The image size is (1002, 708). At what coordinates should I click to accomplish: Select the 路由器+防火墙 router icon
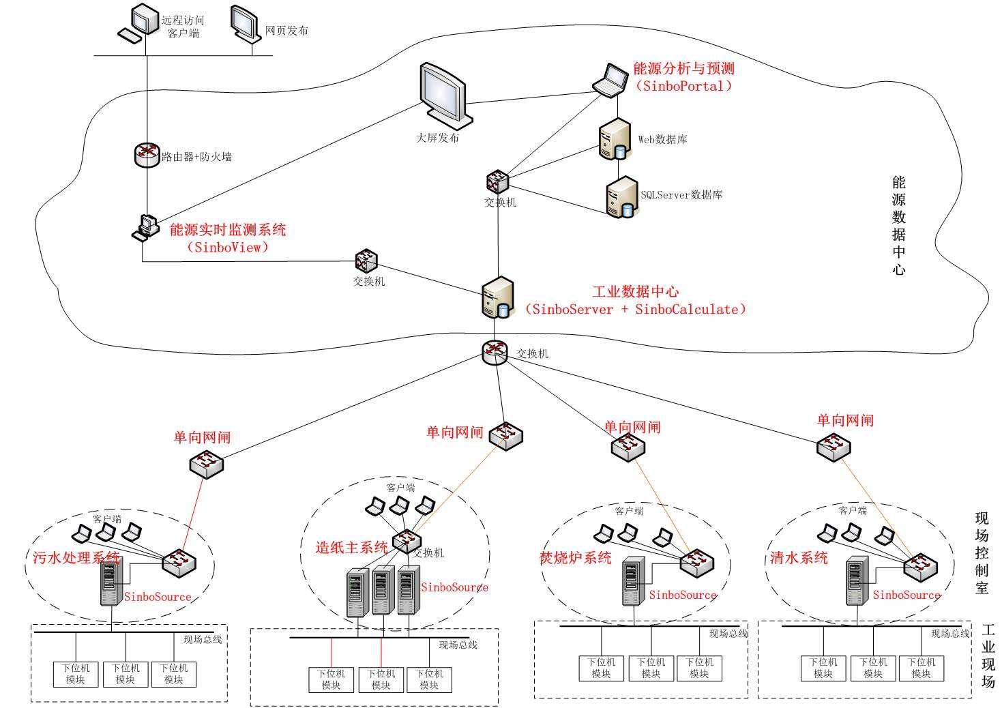click(146, 155)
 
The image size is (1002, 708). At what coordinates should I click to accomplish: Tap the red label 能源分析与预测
click(683, 68)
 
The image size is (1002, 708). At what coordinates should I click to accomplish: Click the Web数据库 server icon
click(614, 140)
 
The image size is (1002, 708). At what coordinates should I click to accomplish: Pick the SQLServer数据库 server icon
click(621, 197)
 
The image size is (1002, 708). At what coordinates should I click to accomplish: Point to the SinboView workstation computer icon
click(145, 227)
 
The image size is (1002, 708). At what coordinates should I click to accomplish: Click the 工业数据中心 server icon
click(497, 298)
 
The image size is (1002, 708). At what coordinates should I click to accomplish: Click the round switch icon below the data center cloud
click(495, 352)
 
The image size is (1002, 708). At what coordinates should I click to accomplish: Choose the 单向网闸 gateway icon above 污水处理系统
click(207, 464)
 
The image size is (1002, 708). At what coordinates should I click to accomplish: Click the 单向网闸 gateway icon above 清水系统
click(834, 447)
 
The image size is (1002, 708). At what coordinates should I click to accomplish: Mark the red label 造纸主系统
click(351, 547)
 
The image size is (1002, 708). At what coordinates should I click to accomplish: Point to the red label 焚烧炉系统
click(576, 558)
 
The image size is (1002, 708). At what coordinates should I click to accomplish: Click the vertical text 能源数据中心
click(899, 225)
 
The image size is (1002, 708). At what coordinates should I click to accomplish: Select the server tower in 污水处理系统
click(110, 582)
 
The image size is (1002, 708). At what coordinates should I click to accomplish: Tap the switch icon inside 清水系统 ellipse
click(920, 565)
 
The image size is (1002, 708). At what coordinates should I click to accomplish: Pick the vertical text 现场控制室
click(982, 552)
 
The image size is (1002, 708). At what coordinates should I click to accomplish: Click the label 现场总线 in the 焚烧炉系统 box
click(728, 634)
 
